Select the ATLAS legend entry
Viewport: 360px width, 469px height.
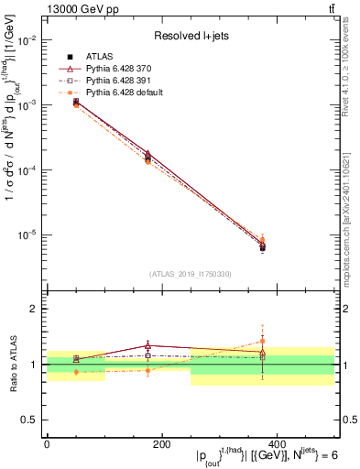pyautogui.click(x=101, y=57)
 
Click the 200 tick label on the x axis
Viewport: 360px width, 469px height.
pyautogui.click(x=161, y=444)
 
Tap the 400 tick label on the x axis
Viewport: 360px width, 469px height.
pyautogui.click(x=277, y=444)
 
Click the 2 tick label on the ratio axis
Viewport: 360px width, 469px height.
pyautogui.click(x=33, y=309)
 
